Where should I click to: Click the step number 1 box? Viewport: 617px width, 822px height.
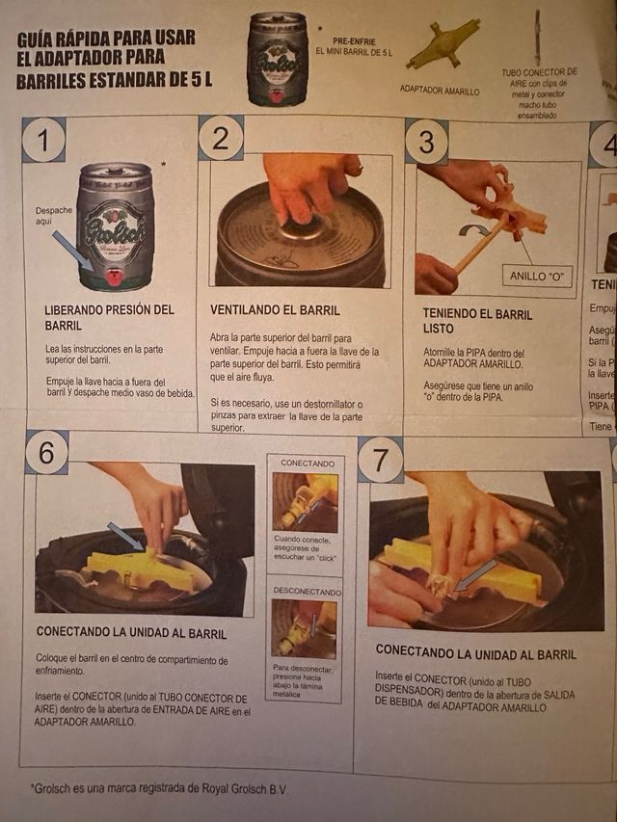[x=43, y=140]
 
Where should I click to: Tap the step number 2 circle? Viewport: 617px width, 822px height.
[x=221, y=138]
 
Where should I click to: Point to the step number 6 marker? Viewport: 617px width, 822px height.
[x=46, y=452]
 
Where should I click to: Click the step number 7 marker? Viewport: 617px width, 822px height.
[x=380, y=460]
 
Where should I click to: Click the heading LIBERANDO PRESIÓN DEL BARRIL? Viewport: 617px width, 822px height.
[x=109, y=317]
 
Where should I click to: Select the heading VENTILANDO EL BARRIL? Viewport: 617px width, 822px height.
[x=275, y=310]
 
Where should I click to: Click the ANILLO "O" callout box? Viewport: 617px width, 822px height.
[x=540, y=277]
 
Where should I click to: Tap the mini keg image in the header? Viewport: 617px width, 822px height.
[x=278, y=59]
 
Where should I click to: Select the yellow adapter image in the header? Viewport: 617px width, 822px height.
[x=443, y=44]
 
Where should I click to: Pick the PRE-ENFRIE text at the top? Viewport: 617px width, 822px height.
[x=354, y=40]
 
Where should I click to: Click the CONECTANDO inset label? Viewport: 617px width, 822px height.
[x=308, y=464]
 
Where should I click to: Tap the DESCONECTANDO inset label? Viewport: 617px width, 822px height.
[x=307, y=591]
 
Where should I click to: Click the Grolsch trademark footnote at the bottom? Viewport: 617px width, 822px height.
[x=159, y=789]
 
